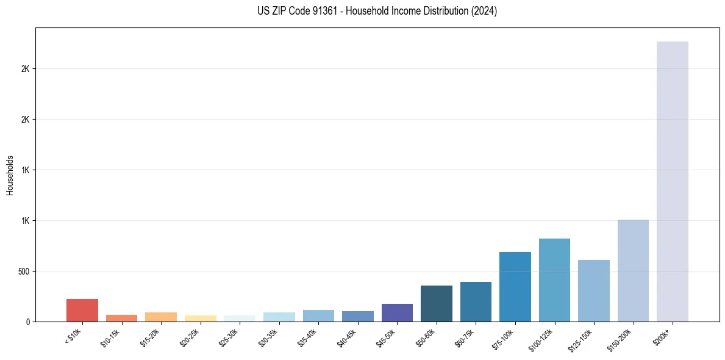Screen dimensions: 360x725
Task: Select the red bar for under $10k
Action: click(x=82, y=310)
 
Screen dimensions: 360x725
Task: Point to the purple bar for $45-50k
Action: click(x=397, y=312)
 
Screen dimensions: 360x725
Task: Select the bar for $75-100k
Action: click(x=515, y=287)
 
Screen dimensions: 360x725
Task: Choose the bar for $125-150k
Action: click(x=593, y=290)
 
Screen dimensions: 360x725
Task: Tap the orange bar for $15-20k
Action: click(x=161, y=317)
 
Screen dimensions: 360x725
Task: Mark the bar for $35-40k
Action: click(x=318, y=315)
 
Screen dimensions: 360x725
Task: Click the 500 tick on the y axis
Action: click(x=24, y=271)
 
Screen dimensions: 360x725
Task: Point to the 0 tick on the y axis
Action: click(x=28, y=322)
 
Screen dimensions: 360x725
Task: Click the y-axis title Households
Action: click(x=10, y=175)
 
